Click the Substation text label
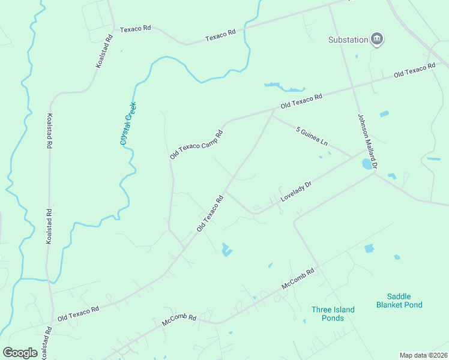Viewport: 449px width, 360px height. tap(348, 40)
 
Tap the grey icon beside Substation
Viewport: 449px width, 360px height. tap(378, 40)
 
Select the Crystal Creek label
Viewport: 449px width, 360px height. tap(128, 123)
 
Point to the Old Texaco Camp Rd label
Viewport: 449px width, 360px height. tap(196, 145)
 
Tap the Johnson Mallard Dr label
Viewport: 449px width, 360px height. tap(367, 141)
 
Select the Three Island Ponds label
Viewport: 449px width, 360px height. tap(333, 314)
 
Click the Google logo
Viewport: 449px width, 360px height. tap(20, 353)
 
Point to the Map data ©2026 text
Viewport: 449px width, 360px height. tap(423, 355)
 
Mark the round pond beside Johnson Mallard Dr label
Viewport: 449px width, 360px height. tap(367, 163)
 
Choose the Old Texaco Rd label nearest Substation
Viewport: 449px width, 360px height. tap(414, 70)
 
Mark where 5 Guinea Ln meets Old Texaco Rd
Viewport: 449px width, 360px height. tap(272, 116)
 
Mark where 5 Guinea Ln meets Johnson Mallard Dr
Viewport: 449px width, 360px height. tap(353, 157)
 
